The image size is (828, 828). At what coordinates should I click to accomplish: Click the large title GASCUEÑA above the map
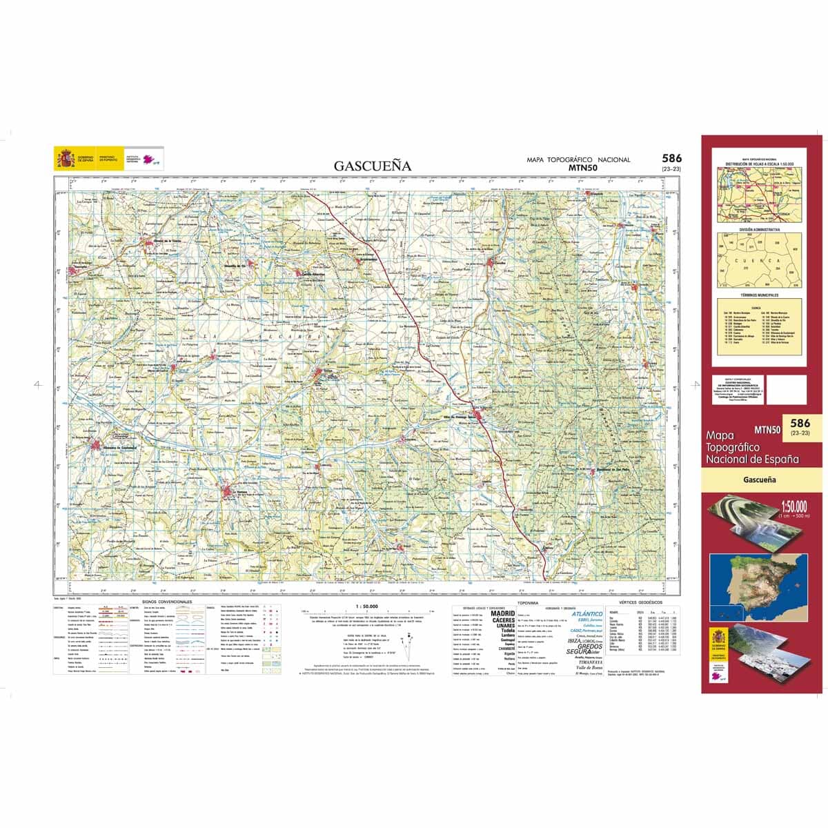coord(373,166)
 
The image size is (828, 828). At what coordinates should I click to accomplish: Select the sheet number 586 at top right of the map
coord(671,159)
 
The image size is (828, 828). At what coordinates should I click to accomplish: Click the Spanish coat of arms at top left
coord(66,159)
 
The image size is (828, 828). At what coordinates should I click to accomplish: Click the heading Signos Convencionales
coord(166,602)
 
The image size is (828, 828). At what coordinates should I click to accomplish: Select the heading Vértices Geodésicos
coord(640,602)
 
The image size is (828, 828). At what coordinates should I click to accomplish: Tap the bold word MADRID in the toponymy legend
coord(502,613)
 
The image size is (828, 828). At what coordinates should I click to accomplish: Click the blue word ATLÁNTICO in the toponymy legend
coord(586,613)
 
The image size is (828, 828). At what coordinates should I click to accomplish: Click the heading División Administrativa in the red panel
coord(758,229)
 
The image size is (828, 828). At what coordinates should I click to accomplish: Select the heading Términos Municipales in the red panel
coord(758,295)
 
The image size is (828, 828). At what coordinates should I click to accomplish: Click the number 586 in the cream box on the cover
coord(800,423)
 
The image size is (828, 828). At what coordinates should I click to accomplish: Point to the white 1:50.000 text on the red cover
coord(793,504)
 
